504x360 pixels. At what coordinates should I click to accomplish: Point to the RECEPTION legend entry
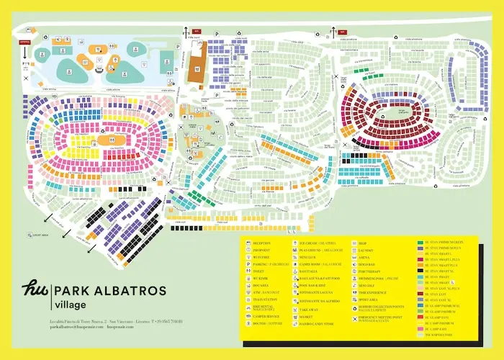pos(262,244)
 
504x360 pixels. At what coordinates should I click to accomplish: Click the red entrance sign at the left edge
pos(25,42)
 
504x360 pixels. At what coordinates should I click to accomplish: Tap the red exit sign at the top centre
pos(196,32)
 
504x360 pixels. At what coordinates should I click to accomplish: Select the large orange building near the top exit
pos(195,63)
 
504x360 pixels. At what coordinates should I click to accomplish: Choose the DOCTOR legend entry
pos(262,323)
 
